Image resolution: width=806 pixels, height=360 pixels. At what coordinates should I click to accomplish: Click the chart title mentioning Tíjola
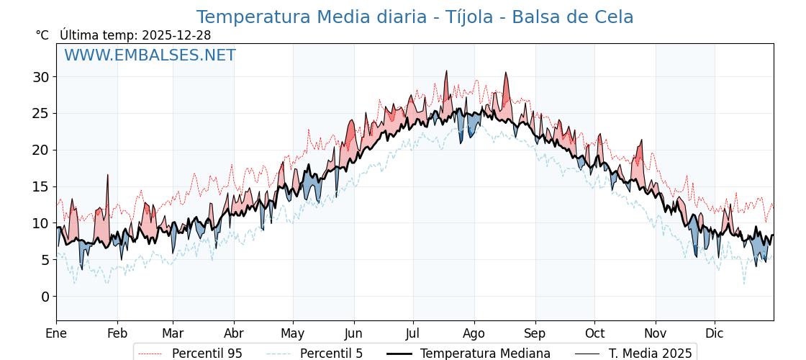pos(415,17)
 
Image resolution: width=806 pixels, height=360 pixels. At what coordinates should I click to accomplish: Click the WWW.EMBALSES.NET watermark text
pos(150,55)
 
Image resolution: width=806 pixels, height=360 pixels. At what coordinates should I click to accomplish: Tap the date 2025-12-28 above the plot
pos(176,35)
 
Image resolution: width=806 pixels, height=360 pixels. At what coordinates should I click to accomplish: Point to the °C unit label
pos(42,35)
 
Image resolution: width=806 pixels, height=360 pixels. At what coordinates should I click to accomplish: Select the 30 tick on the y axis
pos(41,77)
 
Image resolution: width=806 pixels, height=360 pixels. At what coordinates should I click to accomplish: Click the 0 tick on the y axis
pos(45,297)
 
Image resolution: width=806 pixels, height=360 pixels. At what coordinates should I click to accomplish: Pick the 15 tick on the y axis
pos(41,186)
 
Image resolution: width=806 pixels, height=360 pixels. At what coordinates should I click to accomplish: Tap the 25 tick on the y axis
pos(41,113)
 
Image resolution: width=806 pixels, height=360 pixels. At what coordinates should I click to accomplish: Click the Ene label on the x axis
pos(56,333)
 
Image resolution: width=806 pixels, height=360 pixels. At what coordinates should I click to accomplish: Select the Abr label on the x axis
pos(234,333)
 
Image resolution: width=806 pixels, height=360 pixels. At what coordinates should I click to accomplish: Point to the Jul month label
pos(413,333)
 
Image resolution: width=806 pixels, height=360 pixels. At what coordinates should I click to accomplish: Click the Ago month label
pos(474,333)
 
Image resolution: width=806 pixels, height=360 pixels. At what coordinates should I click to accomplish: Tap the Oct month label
pos(594,333)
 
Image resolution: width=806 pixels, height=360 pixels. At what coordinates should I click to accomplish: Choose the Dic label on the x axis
pos(715,333)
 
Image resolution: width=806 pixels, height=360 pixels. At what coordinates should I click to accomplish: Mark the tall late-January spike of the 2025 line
pos(108,176)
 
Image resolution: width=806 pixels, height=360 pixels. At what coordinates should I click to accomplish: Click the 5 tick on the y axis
pos(45,260)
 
